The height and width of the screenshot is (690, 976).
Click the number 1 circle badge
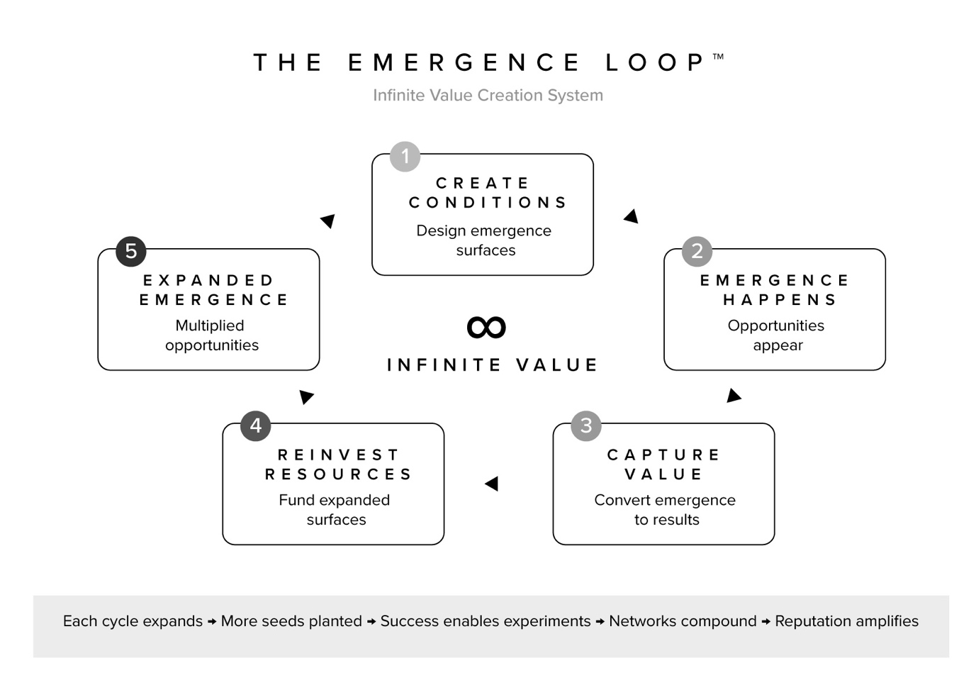(x=405, y=156)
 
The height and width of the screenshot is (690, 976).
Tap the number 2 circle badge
(x=697, y=251)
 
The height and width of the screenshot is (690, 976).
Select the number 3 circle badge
(x=586, y=425)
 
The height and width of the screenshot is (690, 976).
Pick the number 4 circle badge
(x=256, y=425)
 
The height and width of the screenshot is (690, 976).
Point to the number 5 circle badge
(x=131, y=251)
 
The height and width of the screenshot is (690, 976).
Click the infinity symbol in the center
(x=486, y=327)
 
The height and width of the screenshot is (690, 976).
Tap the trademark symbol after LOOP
(x=718, y=56)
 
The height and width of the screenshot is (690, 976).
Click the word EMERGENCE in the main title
(x=464, y=63)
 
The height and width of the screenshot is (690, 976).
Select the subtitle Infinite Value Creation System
(x=488, y=95)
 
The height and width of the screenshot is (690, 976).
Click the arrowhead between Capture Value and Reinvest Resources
(x=492, y=484)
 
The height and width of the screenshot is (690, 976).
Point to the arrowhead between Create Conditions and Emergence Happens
(x=632, y=216)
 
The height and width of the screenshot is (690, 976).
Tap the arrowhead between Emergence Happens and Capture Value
(x=734, y=396)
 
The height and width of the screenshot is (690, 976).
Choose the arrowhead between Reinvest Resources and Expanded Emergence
(x=306, y=396)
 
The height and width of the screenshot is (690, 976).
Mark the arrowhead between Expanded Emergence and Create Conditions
(x=327, y=221)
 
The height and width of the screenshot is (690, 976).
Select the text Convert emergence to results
(x=665, y=509)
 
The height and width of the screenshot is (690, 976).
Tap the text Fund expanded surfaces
(x=335, y=509)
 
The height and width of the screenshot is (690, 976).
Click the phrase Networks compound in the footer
(x=683, y=621)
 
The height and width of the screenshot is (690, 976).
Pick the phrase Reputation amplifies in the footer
(x=846, y=621)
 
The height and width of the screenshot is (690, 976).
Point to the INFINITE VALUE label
(x=492, y=365)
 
